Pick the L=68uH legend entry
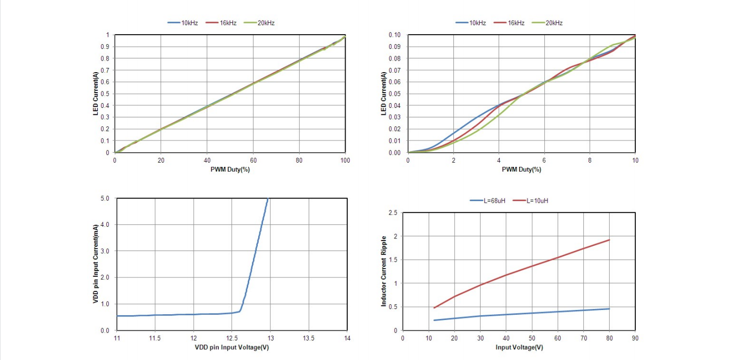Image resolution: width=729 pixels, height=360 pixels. pos(493,201)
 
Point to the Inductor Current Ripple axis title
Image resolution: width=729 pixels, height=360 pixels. pos(384,271)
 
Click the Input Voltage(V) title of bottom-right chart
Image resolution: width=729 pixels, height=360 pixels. pos(519,347)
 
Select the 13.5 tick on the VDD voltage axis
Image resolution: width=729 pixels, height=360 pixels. pos(308,338)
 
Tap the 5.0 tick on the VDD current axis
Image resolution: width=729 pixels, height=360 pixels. pos(105,198)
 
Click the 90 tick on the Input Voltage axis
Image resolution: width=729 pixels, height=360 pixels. pos(635,338)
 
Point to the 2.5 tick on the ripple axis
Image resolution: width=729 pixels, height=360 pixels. pos(392,213)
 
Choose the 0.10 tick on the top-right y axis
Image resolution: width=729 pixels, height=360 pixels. pos(394,35)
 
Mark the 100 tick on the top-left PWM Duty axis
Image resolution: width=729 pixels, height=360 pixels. pos(345,160)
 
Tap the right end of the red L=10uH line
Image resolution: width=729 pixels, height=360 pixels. pos(609,240)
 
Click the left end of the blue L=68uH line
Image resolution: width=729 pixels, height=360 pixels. pos(434,320)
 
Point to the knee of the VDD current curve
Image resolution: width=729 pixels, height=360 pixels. pos(240,311)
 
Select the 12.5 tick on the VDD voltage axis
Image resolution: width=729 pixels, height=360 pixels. pos(232,338)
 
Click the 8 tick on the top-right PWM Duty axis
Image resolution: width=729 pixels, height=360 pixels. pos(590,160)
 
